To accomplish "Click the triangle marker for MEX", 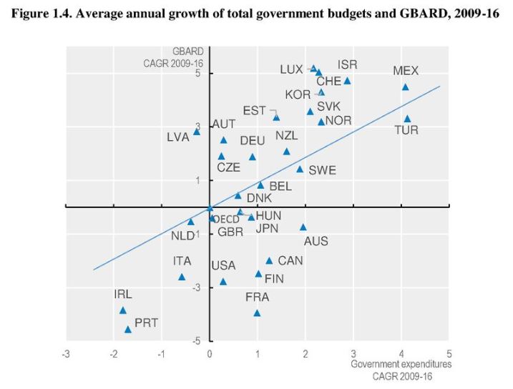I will [405, 87].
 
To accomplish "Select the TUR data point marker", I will [407, 119].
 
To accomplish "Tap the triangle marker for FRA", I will [257, 312].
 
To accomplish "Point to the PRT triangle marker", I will [128, 329].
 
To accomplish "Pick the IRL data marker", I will [123, 310].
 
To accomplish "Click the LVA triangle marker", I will [197, 132].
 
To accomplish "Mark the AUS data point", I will [303, 227].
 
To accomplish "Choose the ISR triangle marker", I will [347, 81].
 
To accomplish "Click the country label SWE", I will [322, 170].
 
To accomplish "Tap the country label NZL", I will [287, 135].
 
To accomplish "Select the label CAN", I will [290, 261].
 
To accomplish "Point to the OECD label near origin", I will [226, 220].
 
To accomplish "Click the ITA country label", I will [182, 261].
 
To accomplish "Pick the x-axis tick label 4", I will [401, 353].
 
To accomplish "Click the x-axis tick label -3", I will [66, 353].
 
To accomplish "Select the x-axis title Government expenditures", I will [401, 364].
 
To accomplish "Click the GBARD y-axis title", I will [188, 51].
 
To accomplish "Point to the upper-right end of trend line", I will [439, 86].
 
